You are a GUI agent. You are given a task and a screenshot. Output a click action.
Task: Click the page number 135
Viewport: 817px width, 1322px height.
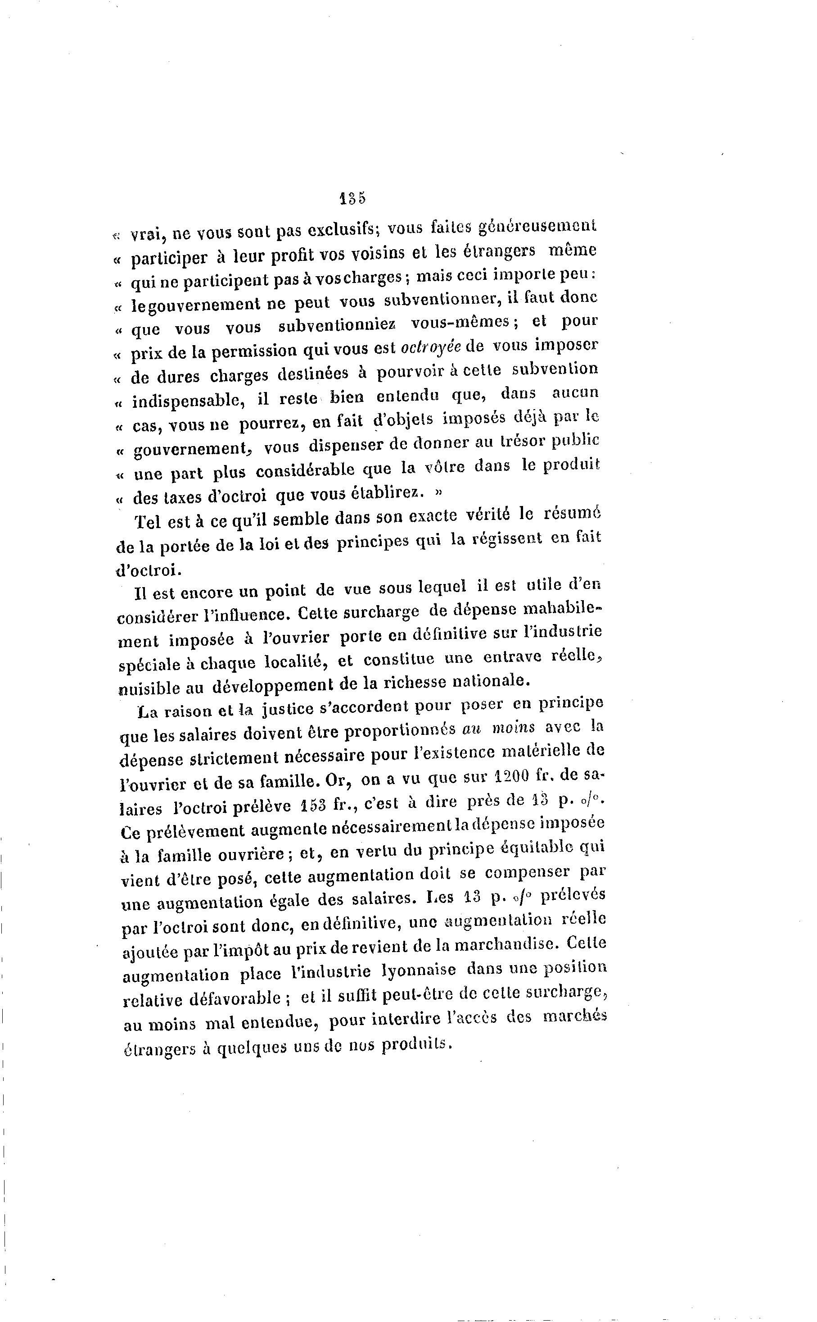353,198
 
